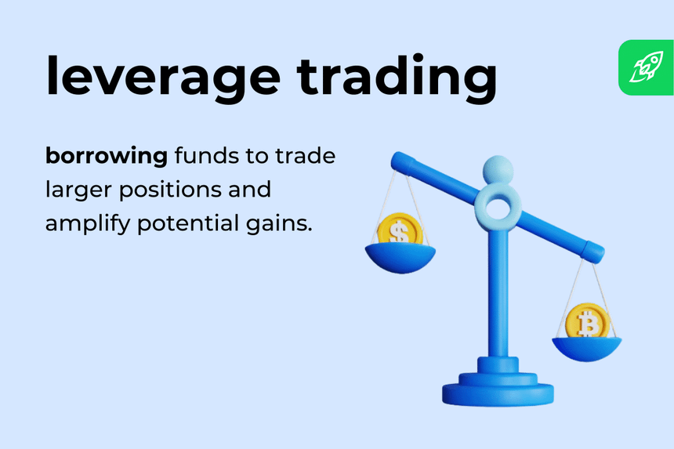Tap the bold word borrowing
[x=107, y=157]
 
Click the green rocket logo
[x=645, y=67]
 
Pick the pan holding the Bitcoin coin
[x=587, y=346]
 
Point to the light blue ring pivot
[x=498, y=205]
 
